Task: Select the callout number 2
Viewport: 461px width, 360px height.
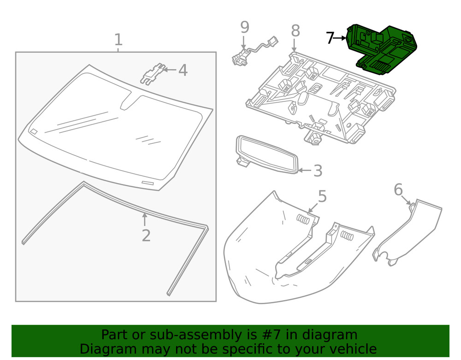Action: point(146,236)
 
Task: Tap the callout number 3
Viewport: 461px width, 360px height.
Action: point(318,171)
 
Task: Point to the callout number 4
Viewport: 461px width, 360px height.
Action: point(183,71)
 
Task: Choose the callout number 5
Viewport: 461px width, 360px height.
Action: point(322,196)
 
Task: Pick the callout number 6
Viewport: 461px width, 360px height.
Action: point(398,189)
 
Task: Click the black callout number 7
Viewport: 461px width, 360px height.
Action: point(330,38)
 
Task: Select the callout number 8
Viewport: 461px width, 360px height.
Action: point(296,31)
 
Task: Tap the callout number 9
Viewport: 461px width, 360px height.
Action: point(244,27)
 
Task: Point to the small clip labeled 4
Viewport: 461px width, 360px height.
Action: point(154,74)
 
